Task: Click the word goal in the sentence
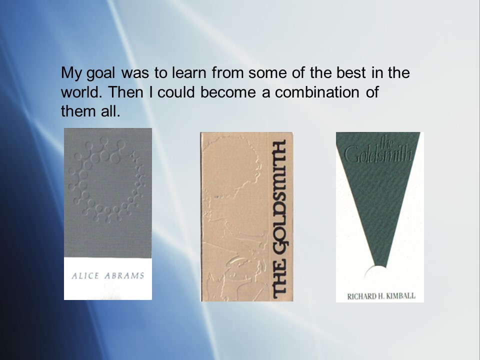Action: pyautogui.click(x=101, y=73)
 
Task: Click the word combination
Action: pyautogui.click(x=317, y=92)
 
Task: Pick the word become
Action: pyautogui.click(x=228, y=92)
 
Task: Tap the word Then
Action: pyautogui.click(x=125, y=92)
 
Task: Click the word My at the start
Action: pyautogui.click(x=71, y=73)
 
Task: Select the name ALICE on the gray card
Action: pyautogui.click(x=85, y=276)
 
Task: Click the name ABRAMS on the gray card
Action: pyautogui.click(x=124, y=276)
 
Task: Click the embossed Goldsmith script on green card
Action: pyautogui.click(x=379, y=151)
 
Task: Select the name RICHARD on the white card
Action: pyautogui.click(x=359, y=296)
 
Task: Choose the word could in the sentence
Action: pyautogui.click(x=176, y=92)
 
